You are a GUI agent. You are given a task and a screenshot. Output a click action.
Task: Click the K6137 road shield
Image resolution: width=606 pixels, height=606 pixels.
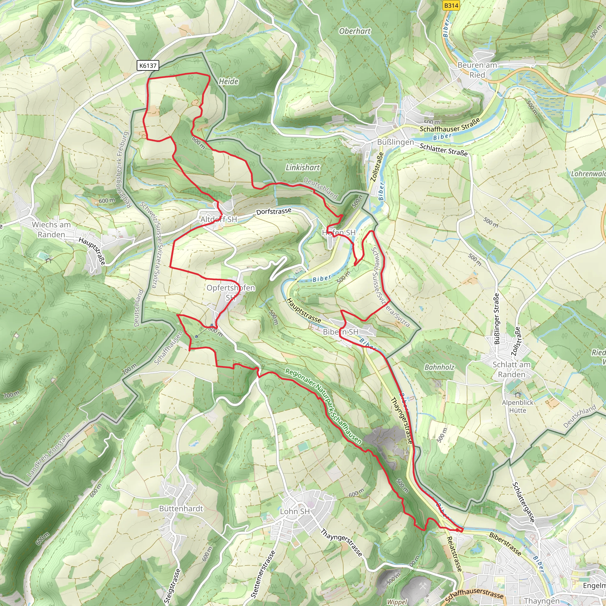(x=148, y=66)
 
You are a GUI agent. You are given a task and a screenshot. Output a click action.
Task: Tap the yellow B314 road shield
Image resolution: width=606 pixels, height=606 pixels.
(x=451, y=6)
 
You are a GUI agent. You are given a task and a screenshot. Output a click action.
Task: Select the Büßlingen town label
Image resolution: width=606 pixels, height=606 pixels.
(x=395, y=142)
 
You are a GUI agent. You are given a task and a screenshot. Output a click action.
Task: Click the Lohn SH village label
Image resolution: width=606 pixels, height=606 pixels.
(x=294, y=511)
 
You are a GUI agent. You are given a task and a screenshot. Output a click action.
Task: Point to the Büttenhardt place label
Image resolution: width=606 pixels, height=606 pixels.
(x=181, y=508)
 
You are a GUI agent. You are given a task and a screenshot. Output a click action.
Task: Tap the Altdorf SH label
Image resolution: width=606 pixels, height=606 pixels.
(x=219, y=219)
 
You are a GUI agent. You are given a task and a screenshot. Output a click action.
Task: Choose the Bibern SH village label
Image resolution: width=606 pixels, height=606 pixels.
(x=340, y=332)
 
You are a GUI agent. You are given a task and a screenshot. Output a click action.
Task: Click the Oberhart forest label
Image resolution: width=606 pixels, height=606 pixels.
(x=355, y=31)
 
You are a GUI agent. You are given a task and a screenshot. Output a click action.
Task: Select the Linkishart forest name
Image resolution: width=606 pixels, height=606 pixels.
(x=302, y=167)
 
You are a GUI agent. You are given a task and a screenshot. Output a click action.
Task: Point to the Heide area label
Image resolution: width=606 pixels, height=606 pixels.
(x=228, y=82)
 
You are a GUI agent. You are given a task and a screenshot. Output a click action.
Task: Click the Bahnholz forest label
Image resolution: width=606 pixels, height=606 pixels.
(x=439, y=367)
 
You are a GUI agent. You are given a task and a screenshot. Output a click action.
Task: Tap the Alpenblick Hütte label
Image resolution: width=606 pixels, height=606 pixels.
(x=518, y=407)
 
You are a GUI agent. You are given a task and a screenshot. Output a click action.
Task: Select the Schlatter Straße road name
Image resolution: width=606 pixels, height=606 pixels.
(x=443, y=150)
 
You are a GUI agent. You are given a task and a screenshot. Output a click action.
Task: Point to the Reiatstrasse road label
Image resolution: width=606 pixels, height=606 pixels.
(x=454, y=554)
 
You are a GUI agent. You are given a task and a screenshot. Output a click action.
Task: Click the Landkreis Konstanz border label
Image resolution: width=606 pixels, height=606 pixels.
(x=48, y=455)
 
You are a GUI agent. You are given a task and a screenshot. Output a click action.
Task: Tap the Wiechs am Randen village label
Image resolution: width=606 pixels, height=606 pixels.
(x=51, y=230)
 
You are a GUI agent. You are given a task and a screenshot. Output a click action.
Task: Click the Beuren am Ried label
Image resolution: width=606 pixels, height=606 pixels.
(x=477, y=70)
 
